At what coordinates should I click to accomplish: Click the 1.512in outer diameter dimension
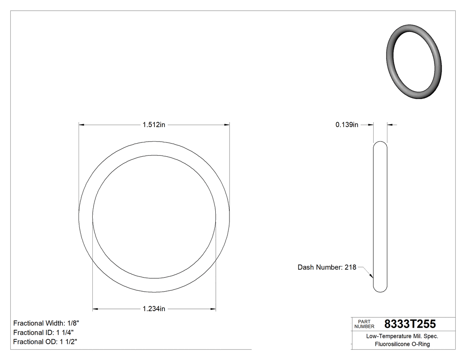click(x=154, y=125)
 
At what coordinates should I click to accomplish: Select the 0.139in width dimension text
click(x=347, y=125)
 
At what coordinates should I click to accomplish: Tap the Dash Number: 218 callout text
click(x=327, y=267)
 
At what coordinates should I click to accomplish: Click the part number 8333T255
click(x=410, y=324)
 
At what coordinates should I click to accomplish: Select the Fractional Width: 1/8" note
click(x=47, y=323)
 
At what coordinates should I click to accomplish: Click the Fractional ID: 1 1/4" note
click(x=43, y=332)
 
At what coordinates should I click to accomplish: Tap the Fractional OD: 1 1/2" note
click(x=46, y=342)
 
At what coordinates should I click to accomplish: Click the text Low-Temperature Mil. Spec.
click(x=402, y=336)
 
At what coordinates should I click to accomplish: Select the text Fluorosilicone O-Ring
click(x=402, y=344)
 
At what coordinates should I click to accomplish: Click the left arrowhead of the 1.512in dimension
click(x=82, y=125)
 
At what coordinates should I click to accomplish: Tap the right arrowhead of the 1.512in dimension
click(x=227, y=125)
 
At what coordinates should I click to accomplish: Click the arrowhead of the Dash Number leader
click(x=371, y=277)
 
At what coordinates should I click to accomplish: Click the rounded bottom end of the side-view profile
click(x=380, y=289)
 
